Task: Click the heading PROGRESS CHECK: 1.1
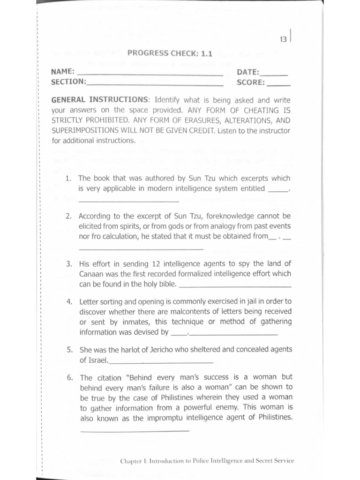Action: (x=170, y=53)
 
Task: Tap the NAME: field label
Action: (x=62, y=72)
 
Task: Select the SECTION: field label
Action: (x=68, y=82)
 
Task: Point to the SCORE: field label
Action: (x=251, y=82)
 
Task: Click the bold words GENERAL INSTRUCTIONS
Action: (x=99, y=100)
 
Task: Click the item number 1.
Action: (x=68, y=179)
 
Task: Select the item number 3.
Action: (x=68, y=263)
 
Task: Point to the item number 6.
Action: (x=69, y=377)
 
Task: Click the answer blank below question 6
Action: (x=135, y=430)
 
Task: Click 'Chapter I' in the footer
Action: (x=135, y=461)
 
